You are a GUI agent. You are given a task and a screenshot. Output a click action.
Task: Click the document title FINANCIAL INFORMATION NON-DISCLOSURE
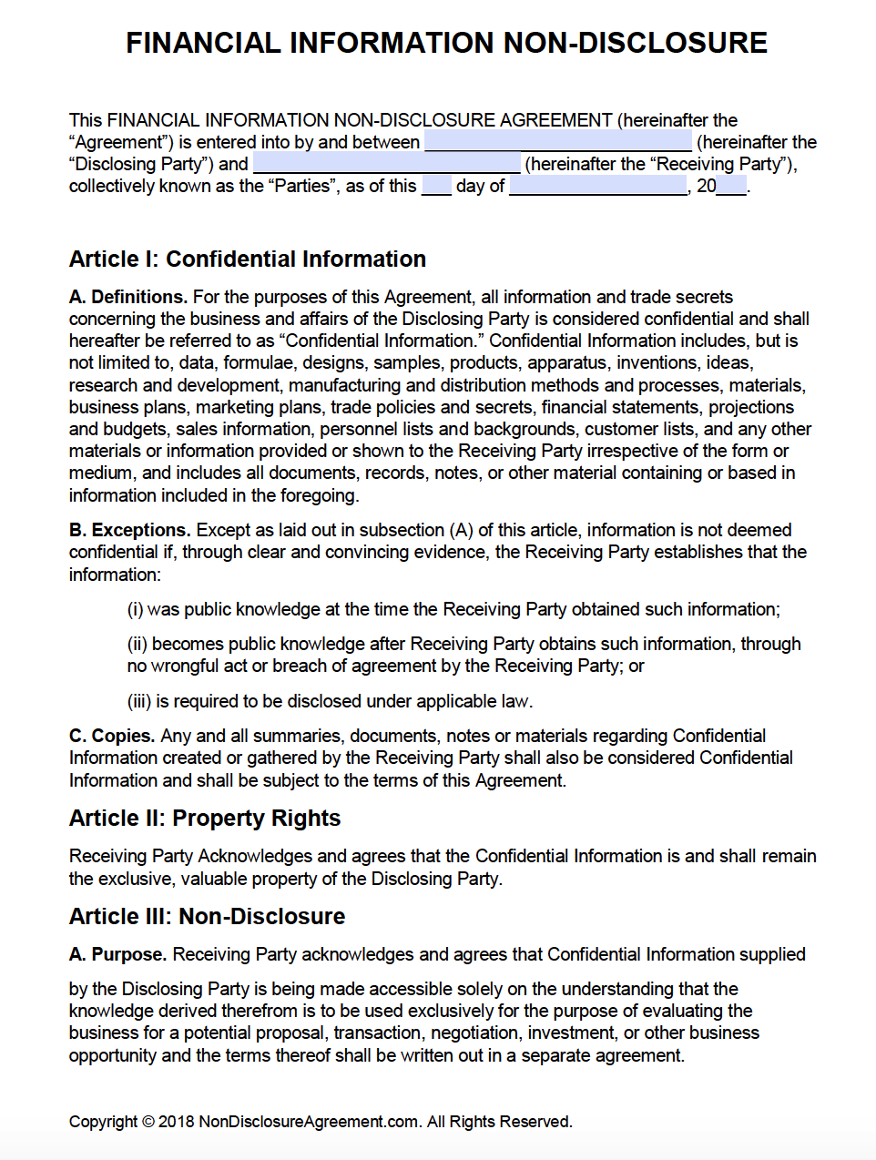(446, 43)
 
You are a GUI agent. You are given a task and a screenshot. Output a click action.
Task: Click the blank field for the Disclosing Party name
(557, 142)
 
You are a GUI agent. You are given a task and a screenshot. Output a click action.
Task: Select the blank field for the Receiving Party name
(386, 164)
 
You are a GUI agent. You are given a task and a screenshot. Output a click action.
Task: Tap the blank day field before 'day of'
(436, 187)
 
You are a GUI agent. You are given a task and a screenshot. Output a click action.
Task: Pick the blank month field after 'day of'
(597, 187)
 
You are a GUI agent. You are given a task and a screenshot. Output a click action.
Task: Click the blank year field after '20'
(731, 187)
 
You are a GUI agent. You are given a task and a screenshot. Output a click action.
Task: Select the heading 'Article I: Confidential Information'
(248, 259)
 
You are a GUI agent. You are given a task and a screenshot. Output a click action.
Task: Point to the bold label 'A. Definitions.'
(128, 297)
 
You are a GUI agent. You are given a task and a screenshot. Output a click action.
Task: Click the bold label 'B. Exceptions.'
(129, 530)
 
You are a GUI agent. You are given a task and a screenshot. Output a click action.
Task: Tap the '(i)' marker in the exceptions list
(135, 609)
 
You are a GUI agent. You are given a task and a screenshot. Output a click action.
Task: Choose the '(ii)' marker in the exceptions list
(137, 644)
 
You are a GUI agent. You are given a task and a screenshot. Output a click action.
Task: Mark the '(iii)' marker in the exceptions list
(138, 701)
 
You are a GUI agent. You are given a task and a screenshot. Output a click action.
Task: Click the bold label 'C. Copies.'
(112, 736)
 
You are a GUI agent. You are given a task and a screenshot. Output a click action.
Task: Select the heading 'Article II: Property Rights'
(205, 819)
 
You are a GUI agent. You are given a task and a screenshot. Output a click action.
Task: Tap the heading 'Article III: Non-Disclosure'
(208, 916)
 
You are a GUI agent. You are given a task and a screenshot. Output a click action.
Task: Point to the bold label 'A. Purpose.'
(117, 954)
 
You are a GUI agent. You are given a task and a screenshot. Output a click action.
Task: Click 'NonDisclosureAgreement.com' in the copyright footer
(309, 1122)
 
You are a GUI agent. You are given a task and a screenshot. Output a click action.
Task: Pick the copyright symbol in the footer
(148, 1122)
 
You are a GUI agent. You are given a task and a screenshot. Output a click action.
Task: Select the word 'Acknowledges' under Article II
(255, 856)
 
